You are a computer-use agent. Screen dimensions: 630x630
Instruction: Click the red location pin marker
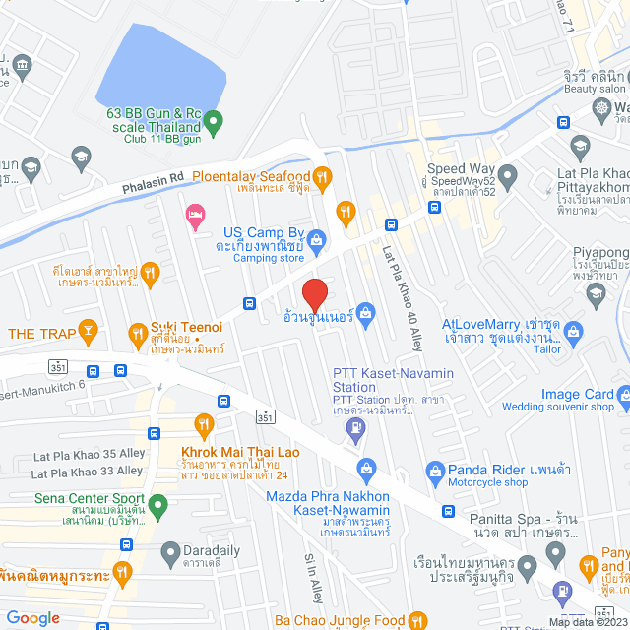[313, 294]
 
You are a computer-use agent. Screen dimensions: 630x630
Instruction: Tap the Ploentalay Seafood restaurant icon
[319, 176]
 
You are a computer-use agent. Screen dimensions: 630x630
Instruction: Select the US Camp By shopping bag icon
[317, 238]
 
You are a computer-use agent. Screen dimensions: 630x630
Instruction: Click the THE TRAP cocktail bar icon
[89, 333]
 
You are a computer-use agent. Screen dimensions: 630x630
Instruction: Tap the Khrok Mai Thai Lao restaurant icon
[205, 426]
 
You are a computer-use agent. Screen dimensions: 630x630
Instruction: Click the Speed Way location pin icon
[508, 177]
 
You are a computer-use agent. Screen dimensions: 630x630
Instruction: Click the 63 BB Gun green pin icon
[218, 121]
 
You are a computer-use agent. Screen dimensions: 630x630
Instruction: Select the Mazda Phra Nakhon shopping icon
[368, 466]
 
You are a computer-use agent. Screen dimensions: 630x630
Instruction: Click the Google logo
[32, 617]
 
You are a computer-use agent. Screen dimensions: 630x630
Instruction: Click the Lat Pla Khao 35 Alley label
[89, 454]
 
